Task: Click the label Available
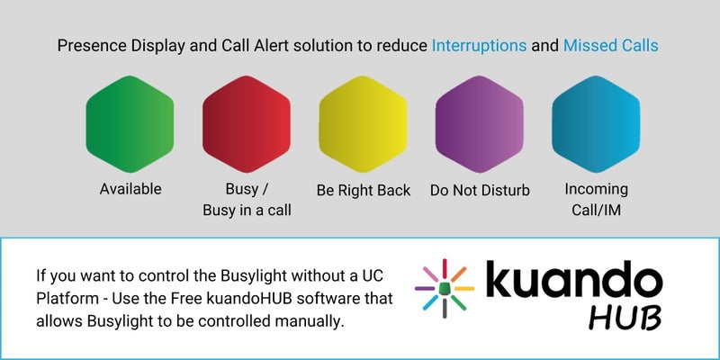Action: tap(130, 189)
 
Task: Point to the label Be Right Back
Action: tap(364, 190)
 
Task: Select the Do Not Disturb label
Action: tap(480, 190)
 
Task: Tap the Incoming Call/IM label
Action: tap(596, 200)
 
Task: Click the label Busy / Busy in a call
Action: tap(247, 200)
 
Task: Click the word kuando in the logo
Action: tap(574, 282)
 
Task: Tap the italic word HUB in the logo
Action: tap(627, 318)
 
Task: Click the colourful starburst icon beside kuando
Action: tap(444, 288)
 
